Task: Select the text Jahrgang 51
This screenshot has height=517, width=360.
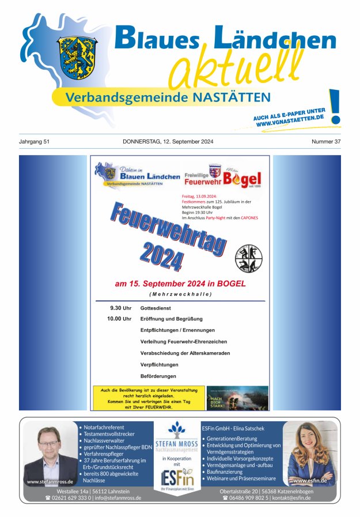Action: [x=34, y=141]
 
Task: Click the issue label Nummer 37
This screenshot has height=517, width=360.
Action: [x=326, y=141]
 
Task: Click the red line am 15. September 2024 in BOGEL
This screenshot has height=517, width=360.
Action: [x=180, y=284]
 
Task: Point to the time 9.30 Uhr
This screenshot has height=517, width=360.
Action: [x=121, y=308]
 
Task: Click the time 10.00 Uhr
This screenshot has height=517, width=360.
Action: [x=119, y=319]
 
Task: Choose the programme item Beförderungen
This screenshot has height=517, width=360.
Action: [x=158, y=376]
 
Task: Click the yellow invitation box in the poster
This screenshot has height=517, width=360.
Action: [x=149, y=398]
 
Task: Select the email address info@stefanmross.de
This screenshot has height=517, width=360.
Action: [x=118, y=497]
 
